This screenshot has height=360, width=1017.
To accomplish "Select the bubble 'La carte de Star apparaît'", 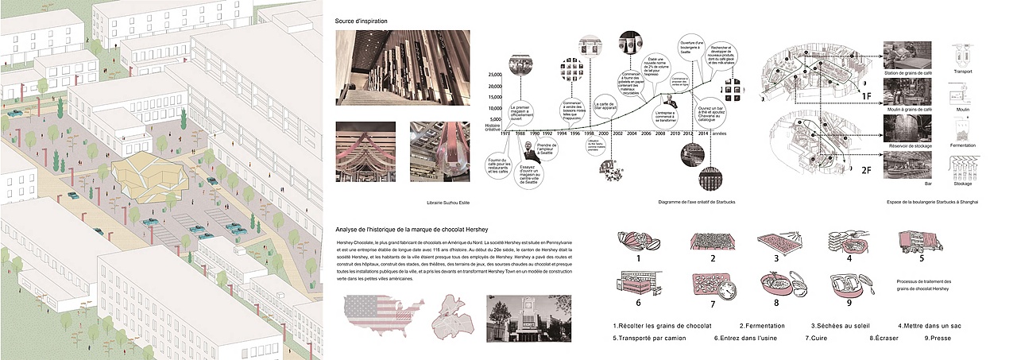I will tap(605, 109).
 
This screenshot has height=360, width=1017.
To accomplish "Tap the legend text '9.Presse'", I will tap(937, 337).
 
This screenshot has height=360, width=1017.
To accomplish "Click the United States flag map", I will tap(378, 317).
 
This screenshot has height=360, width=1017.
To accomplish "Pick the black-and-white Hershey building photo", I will tap(526, 318).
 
